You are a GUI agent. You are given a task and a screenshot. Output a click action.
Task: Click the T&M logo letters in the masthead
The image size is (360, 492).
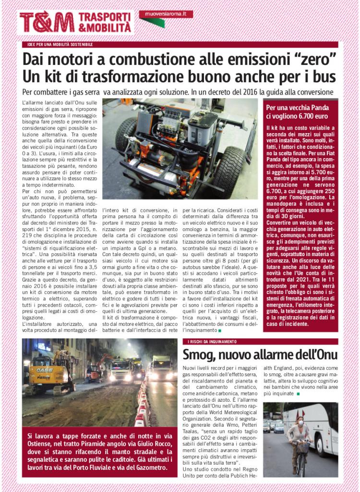click(47, 22)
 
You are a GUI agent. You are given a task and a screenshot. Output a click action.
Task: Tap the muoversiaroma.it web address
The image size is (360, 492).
click(165, 15)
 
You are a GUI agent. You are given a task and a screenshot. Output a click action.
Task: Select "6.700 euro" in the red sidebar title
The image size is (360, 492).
click(307, 116)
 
